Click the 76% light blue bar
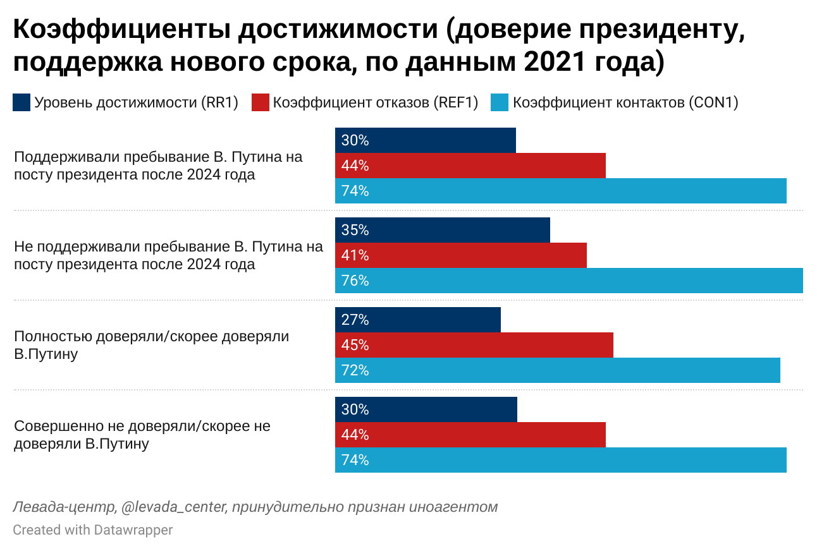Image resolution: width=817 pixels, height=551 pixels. click(x=569, y=281)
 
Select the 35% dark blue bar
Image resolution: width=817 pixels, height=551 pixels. click(x=443, y=230)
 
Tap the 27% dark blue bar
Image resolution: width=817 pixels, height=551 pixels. click(x=418, y=320)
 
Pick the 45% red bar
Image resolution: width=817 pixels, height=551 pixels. click(x=474, y=345)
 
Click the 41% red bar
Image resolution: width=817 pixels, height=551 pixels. click(x=461, y=255)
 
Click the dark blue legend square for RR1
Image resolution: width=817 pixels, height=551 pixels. click(x=21, y=102)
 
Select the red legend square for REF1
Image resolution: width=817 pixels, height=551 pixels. click(x=261, y=102)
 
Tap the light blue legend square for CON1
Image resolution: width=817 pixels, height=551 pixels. click(x=500, y=102)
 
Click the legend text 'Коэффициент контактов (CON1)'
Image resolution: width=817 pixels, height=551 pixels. click(x=625, y=102)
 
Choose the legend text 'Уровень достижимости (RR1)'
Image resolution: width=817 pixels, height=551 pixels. click(x=136, y=102)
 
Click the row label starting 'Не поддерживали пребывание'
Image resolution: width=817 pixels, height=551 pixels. click(x=168, y=255)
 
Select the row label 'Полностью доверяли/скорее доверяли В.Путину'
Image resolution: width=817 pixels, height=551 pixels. click(x=151, y=345)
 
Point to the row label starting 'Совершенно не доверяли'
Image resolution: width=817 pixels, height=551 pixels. click(x=142, y=435)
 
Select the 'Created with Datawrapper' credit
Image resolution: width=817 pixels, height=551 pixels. click(x=92, y=530)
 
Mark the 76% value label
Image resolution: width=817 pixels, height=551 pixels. click(x=355, y=281)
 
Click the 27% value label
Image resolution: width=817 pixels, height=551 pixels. click(x=355, y=320)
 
